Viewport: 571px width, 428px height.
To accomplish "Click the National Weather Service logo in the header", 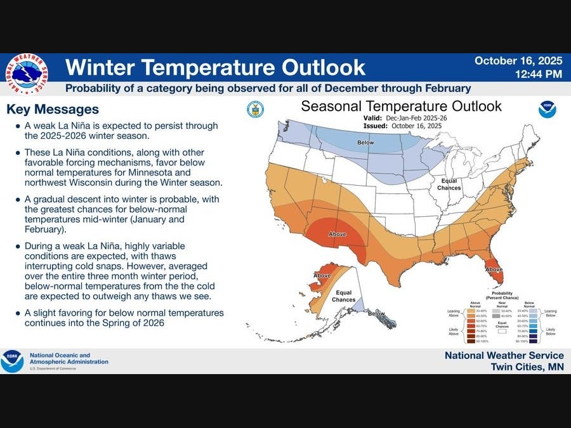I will click(x=26, y=74).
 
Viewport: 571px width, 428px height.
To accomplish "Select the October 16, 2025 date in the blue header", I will click(x=518, y=61).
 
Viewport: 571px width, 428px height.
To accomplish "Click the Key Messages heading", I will click(x=53, y=109).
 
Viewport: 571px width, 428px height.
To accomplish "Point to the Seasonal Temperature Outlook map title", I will click(x=401, y=106).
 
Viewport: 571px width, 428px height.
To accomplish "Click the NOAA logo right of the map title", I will click(x=547, y=109).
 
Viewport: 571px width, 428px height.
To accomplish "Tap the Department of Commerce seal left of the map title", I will click(x=255, y=109).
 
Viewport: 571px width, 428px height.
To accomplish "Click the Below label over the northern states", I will click(x=365, y=143).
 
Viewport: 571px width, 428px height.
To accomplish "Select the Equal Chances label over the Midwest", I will click(x=449, y=185).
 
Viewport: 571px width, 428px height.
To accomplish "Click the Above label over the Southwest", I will click(x=337, y=234).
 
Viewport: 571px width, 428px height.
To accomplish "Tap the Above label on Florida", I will click(x=494, y=269).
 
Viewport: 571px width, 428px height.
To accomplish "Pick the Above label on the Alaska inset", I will click(x=322, y=276).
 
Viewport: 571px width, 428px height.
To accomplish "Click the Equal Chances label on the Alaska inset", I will click(x=343, y=296).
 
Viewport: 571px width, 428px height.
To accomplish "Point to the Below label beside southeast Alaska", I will click(x=376, y=313).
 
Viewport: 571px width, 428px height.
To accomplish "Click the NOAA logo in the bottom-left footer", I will click(x=12, y=361).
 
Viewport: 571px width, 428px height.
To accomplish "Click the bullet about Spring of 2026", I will click(x=124, y=318).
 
